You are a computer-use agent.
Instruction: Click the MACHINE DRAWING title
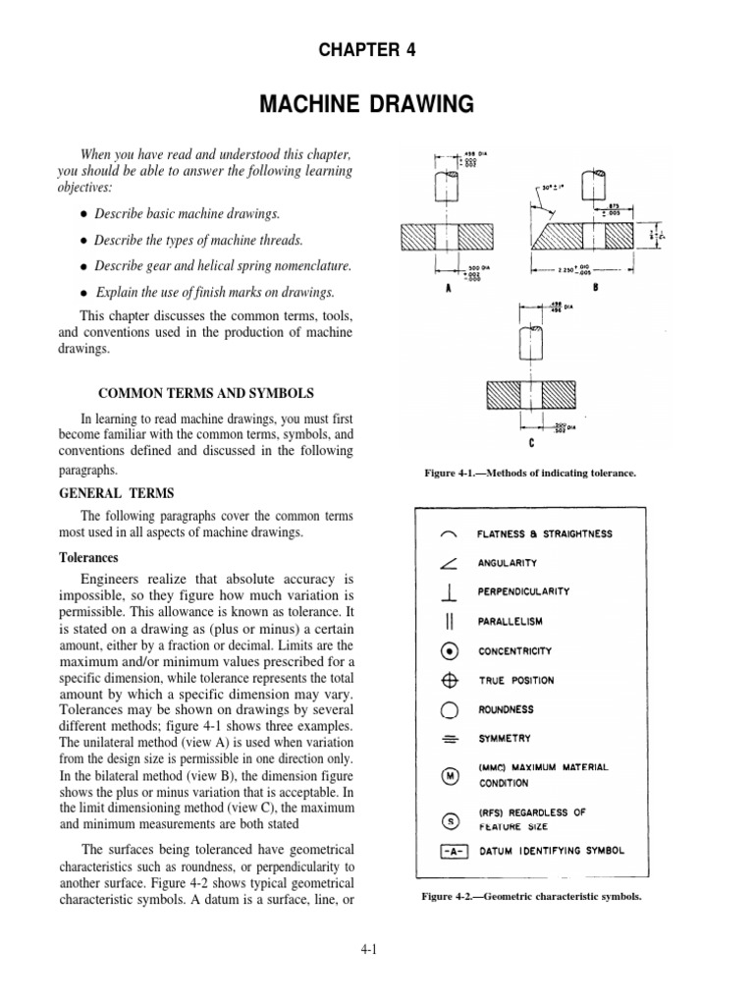(376, 103)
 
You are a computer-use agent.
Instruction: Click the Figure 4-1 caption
(530, 474)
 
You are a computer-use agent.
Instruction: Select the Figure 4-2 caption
(531, 896)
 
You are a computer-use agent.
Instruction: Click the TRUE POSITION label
(515, 680)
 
